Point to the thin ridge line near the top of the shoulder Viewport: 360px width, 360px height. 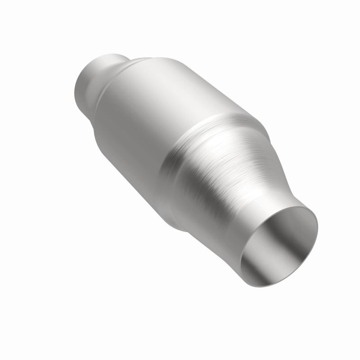pos(135,61)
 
